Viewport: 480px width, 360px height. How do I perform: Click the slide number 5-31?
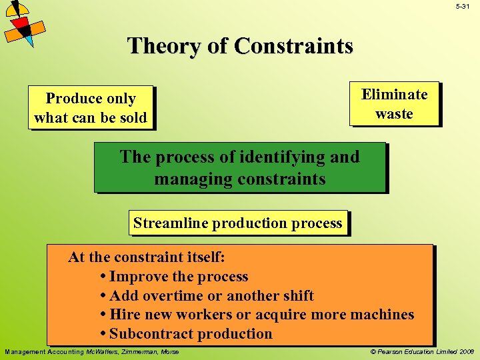tap(463, 6)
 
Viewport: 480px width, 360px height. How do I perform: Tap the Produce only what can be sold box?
tap(91, 108)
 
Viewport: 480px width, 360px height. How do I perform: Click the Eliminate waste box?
tap(394, 103)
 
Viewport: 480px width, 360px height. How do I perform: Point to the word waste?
tap(394, 113)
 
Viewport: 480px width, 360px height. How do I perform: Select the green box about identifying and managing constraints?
tap(239, 167)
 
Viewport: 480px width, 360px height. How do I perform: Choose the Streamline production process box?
tap(238, 223)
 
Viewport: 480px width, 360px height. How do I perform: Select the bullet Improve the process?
tap(178, 277)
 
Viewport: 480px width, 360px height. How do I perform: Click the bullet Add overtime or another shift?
tap(211, 295)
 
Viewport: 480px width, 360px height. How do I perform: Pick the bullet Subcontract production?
tap(190, 334)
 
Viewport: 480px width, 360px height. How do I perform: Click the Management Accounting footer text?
tap(92, 351)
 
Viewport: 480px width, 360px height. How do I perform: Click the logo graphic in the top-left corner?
tap(23, 23)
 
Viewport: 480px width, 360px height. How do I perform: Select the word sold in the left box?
tap(131, 118)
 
